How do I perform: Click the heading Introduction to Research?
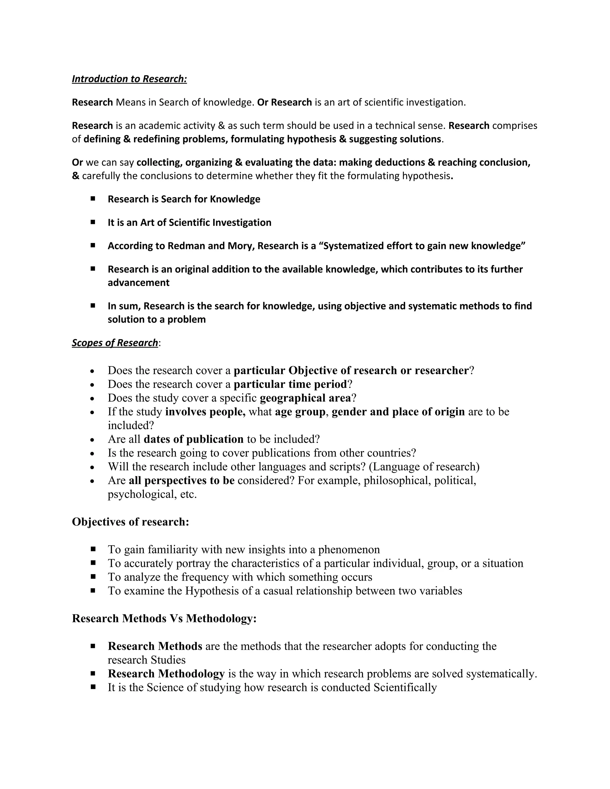point(129,79)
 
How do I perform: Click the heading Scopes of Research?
point(115,342)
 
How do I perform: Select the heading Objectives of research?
point(130,522)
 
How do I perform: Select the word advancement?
point(139,283)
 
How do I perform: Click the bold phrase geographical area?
point(305,398)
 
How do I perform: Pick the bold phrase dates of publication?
point(193,439)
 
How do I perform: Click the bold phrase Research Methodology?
point(166,674)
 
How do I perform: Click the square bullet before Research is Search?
point(93,199)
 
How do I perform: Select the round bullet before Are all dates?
point(93,440)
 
